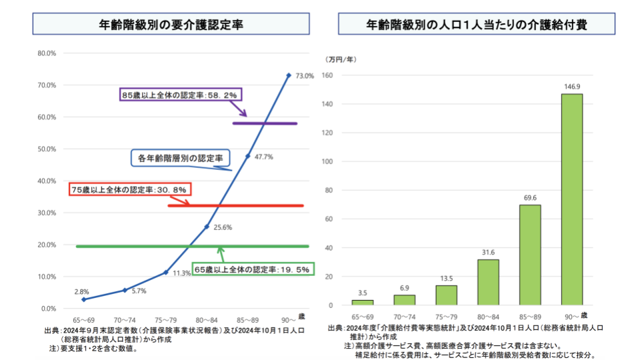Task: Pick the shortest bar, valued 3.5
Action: pyautogui.click(x=363, y=303)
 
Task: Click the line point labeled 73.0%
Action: pyautogui.click(x=289, y=75)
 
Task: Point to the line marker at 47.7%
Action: pyautogui.click(x=248, y=156)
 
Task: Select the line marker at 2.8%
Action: pyautogui.click(x=83, y=300)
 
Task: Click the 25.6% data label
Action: pyautogui.click(x=223, y=227)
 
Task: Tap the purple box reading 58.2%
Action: pyautogui.click(x=179, y=95)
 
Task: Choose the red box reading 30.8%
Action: pyautogui.click(x=131, y=189)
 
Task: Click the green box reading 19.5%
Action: pyautogui.click(x=252, y=270)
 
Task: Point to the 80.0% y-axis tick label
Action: pyautogui.click(x=46, y=53)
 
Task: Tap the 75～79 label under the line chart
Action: pyautogui.click(x=165, y=320)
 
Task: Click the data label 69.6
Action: pyautogui.click(x=530, y=199)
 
